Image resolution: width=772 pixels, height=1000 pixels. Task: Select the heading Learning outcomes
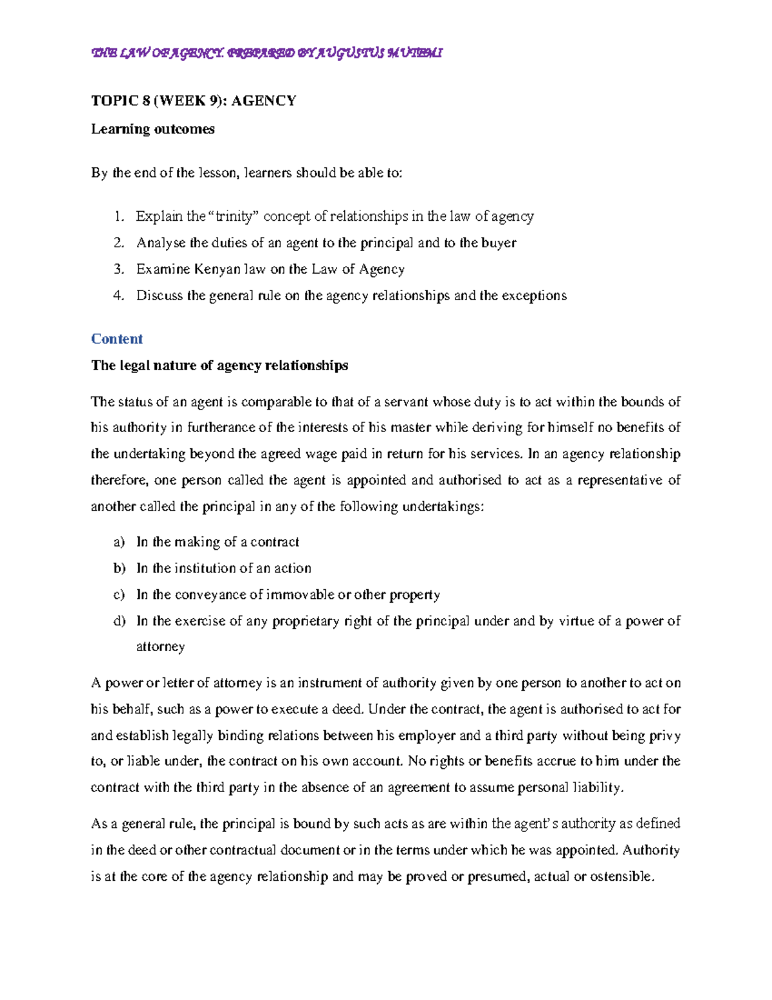coord(152,129)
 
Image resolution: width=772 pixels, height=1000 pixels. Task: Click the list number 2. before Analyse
coord(118,243)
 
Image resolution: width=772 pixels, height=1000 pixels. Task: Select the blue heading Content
coord(116,339)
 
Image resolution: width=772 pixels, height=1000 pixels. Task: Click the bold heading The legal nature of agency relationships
coord(219,365)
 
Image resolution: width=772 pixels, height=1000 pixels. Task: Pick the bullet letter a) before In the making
coord(119,542)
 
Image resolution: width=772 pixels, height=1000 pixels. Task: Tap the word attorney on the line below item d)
coord(160,646)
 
